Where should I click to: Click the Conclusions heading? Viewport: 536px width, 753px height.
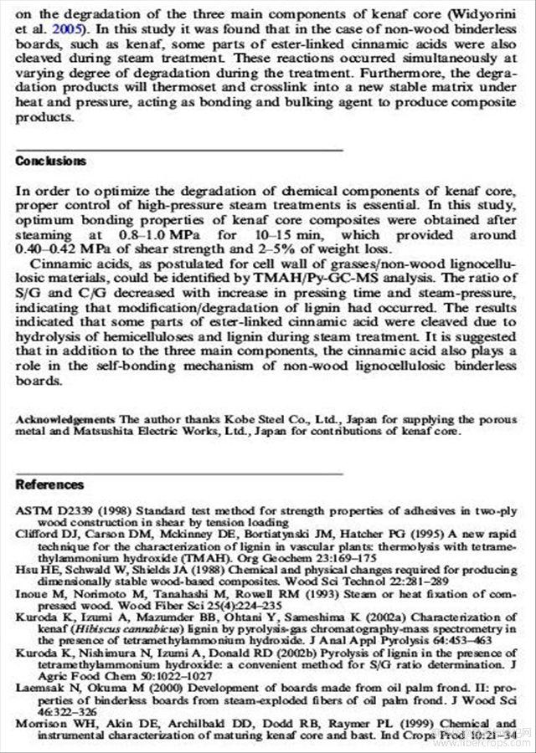50,161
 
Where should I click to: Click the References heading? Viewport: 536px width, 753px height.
50,485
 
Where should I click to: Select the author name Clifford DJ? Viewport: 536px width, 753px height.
44,532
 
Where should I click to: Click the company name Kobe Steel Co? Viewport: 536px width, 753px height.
201,418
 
